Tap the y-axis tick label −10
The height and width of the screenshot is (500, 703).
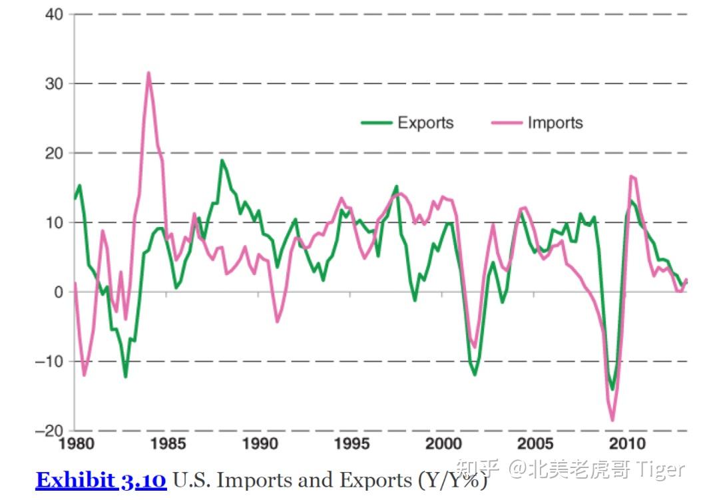pos(50,362)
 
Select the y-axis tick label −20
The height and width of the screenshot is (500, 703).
pos(50,431)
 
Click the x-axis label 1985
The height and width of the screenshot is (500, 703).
pos(168,444)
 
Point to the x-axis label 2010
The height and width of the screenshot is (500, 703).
pos(626,444)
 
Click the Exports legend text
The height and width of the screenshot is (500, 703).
pos(425,123)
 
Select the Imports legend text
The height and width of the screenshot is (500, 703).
pos(555,123)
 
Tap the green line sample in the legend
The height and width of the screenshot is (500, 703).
pos(376,123)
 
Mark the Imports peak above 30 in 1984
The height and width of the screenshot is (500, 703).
pos(148,73)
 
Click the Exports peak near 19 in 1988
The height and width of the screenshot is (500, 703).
pos(222,160)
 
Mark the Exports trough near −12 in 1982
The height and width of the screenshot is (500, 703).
pos(125,377)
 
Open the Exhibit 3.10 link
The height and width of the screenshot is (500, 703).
pos(101,480)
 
